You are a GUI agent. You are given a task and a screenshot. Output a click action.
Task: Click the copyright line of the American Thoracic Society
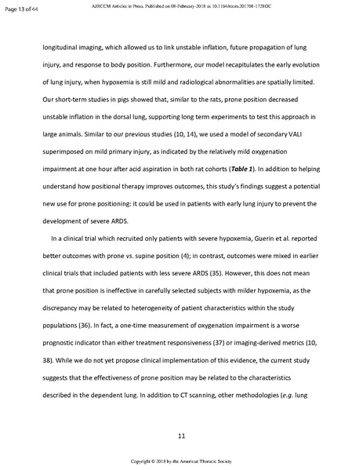(181, 462)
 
